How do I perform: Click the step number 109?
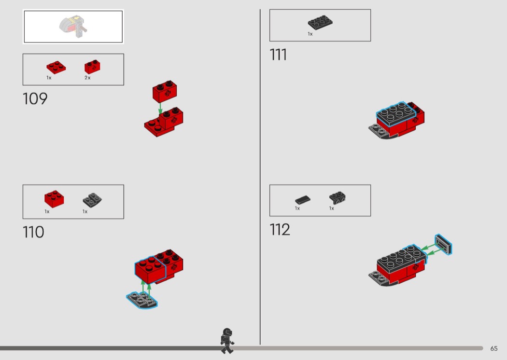pos(35,98)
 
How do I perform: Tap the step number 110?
pos(33,232)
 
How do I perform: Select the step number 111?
pos(278,55)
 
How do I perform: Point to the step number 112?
pos(280,229)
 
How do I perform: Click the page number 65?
pos(494,348)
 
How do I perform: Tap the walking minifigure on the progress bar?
pos(227,341)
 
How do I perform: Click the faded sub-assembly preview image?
pos(73,26)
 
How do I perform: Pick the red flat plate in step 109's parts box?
pos(56,67)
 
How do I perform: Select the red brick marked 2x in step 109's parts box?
pos(92,67)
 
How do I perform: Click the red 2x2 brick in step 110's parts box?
pos(54,199)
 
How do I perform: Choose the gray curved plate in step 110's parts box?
pos(92,200)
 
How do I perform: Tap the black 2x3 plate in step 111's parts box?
pos(320,23)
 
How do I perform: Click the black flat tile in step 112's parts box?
pos(303,200)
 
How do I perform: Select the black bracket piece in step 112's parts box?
pos(337,197)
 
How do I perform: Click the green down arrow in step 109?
pos(160,108)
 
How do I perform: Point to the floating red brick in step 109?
pos(165,92)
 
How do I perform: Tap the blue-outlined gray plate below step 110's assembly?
pos(142,300)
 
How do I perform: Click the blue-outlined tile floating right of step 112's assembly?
pos(443,244)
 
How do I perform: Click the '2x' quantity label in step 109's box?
pos(87,78)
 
